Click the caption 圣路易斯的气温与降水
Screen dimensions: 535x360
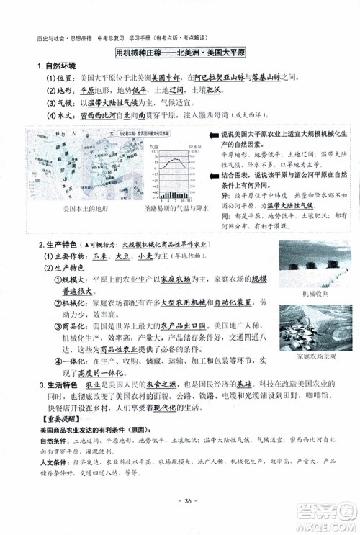click(x=174, y=210)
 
